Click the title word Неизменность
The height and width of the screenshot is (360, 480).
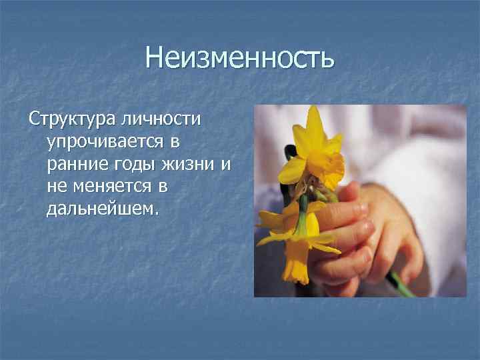tap(239, 58)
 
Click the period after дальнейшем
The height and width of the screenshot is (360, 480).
tap(157, 214)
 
